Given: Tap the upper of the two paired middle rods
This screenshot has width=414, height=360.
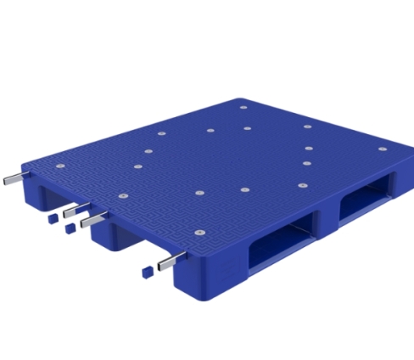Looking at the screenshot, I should pos(75,208).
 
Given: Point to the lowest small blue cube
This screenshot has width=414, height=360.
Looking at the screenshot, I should pos(146,272).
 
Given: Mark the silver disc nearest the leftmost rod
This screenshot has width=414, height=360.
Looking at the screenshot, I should pos(59,166).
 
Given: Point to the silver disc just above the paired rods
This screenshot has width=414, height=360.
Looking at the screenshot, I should pos(121,198).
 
